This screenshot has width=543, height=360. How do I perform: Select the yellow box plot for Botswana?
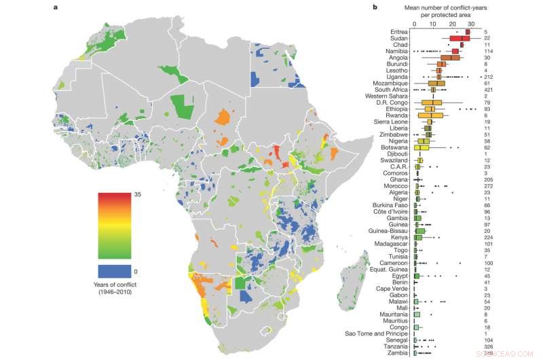click(422, 147)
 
